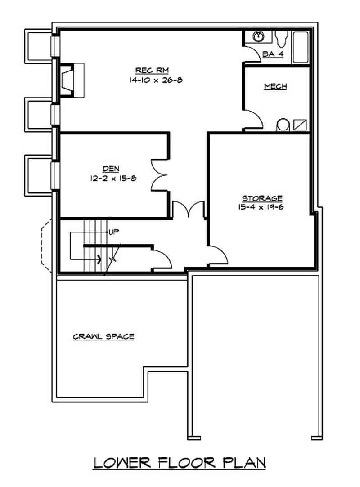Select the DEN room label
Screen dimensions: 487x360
tap(110, 169)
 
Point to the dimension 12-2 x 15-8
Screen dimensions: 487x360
tap(112, 178)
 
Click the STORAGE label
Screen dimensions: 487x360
tap(262, 198)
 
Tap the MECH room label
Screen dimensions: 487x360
tap(275, 86)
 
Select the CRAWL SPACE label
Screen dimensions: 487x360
tap(103, 336)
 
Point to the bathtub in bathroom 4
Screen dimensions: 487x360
tap(300, 47)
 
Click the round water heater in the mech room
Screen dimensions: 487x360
tap(283, 125)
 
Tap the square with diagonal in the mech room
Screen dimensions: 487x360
tap(300, 125)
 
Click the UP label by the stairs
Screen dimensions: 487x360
tap(113, 232)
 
